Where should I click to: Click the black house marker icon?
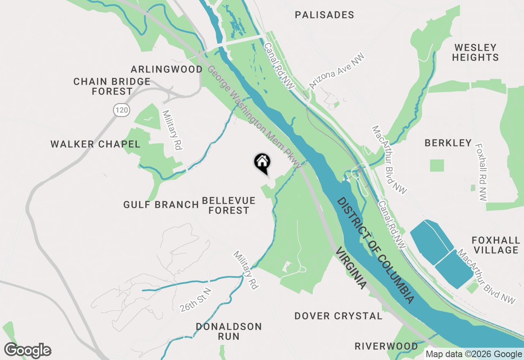click(262, 162)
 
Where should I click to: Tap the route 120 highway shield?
click(121, 110)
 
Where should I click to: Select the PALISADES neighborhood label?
click(324, 15)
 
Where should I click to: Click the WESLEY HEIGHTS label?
click(475, 52)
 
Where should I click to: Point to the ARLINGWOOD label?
click(167, 69)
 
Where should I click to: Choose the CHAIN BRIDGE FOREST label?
click(112, 86)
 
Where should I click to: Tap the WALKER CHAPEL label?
click(95, 144)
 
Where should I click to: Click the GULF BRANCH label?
click(161, 205)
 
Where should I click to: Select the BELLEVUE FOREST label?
click(229, 205)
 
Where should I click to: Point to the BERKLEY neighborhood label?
click(448, 143)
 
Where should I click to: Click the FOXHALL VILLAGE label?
click(495, 245)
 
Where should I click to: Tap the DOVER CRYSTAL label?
click(339, 316)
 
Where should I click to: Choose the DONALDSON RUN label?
click(228, 331)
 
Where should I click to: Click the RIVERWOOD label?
click(386, 346)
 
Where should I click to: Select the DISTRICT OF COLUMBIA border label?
click(375, 250)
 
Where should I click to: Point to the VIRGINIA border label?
click(350, 268)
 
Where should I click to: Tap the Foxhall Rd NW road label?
click(481, 172)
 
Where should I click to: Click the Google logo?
click(27, 351)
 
